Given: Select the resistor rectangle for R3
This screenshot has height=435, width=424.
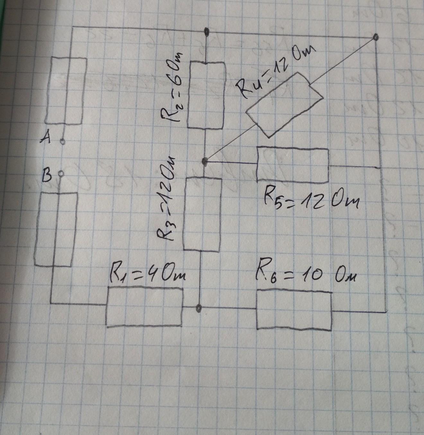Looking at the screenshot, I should point(202,214).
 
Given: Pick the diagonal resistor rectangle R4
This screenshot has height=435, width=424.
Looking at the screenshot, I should point(284,105).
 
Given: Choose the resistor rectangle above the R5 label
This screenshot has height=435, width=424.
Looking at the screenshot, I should point(293,165).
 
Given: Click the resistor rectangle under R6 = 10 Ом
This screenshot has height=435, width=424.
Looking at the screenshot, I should point(294,310).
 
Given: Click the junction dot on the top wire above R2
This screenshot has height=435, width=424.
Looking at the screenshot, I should point(207,32).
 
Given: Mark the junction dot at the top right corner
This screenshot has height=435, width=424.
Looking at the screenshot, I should point(375,38).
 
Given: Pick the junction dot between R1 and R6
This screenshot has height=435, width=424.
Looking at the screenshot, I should point(199,308).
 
